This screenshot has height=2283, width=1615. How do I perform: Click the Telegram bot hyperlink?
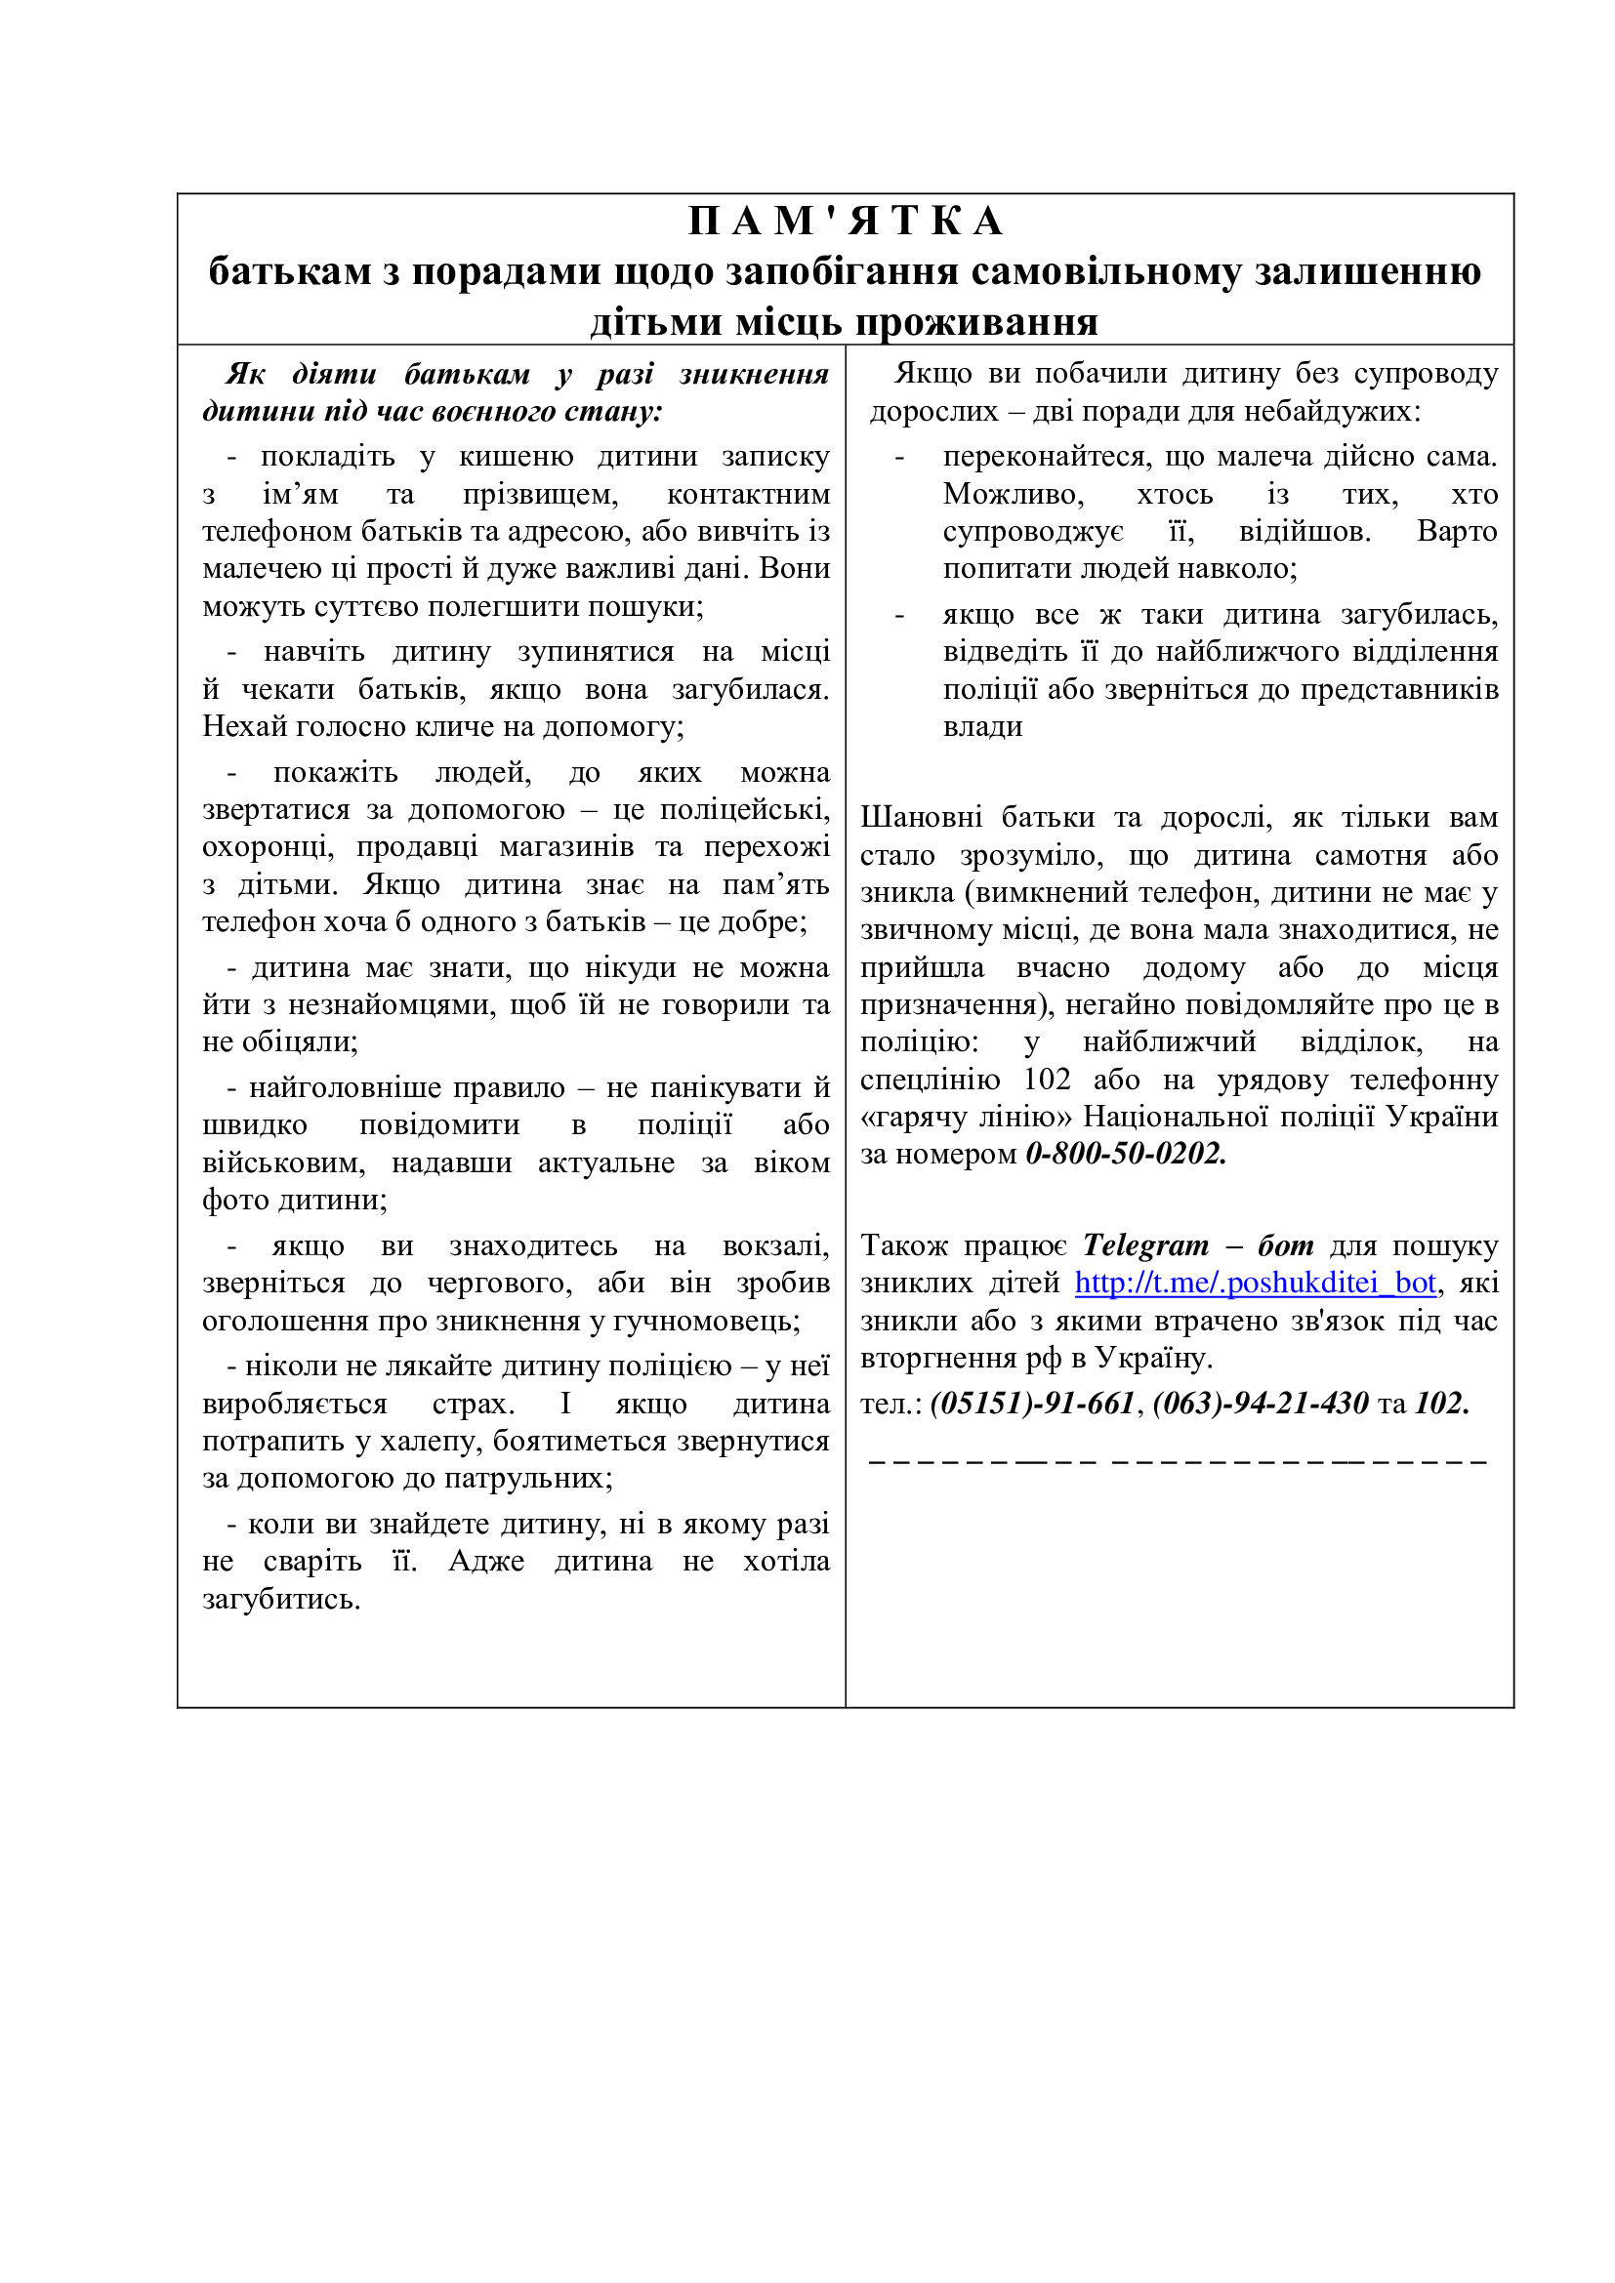1255,1283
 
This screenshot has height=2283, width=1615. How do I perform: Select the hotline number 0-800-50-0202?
1126,1154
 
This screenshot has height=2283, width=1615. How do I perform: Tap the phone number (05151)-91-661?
1032,1403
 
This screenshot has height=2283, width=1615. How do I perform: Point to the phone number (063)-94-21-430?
1260,1403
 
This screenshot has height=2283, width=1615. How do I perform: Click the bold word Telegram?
1145,1244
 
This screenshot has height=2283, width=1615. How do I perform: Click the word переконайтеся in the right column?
1047,457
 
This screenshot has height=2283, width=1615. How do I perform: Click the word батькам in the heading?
290,271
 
